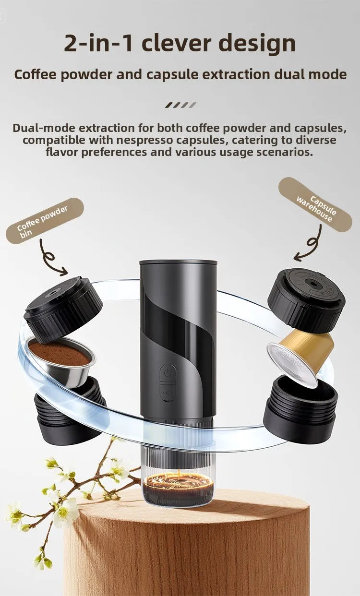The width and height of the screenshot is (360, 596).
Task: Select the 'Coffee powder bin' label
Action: pos(45,221)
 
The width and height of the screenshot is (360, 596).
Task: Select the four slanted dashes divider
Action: pos(180,105)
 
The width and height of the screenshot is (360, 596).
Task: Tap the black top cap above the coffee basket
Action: pos(63,310)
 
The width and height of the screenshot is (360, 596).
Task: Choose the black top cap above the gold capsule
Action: pos(306,300)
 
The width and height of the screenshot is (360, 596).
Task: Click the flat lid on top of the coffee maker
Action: pos(178,263)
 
